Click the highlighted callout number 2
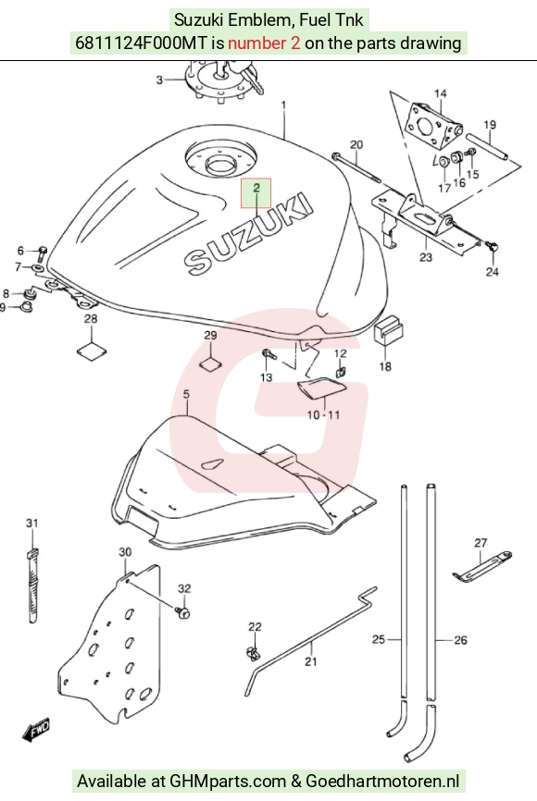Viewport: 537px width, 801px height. [x=256, y=188]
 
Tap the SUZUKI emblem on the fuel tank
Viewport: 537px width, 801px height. [x=248, y=233]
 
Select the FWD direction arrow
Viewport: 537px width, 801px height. [x=36, y=730]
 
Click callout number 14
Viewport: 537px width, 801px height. [x=440, y=93]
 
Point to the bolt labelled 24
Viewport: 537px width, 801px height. [x=493, y=247]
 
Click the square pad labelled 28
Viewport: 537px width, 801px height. [x=92, y=352]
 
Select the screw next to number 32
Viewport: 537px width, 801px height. [x=182, y=611]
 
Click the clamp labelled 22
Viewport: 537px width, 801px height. [x=252, y=652]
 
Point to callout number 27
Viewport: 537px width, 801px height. [x=481, y=543]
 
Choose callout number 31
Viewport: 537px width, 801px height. [x=32, y=524]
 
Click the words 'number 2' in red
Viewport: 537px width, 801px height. [x=264, y=43]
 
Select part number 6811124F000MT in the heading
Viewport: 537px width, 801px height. [x=143, y=43]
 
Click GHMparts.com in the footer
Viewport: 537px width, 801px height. [x=228, y=781]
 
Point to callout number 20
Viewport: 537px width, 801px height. [x=356, y=144]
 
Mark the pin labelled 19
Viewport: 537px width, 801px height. [x=487, y=147]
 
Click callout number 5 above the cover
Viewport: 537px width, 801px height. [x=186, y=394]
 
